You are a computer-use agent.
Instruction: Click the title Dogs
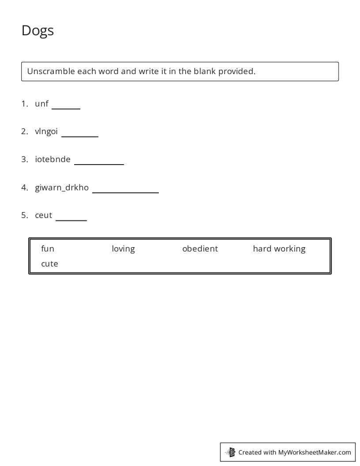[37, 30]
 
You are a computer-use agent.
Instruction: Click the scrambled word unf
[41, 104]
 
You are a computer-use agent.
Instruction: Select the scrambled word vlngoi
[46, 132]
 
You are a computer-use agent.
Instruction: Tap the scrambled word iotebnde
[52, 159]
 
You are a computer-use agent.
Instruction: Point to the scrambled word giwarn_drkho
[62, 188]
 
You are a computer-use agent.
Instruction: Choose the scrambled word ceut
[43, 215]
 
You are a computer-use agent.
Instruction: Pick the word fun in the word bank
[48, 249]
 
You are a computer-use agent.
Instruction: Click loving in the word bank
[123, 249]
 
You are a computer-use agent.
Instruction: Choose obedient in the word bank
[200, 249]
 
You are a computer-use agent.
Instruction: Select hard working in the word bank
[279, 249]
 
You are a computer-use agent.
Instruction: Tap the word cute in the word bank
[49, 264]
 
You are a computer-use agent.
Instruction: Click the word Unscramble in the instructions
[51, 71]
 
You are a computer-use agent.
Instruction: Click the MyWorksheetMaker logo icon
[231, 452]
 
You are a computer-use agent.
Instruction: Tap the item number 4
[24, 188]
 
